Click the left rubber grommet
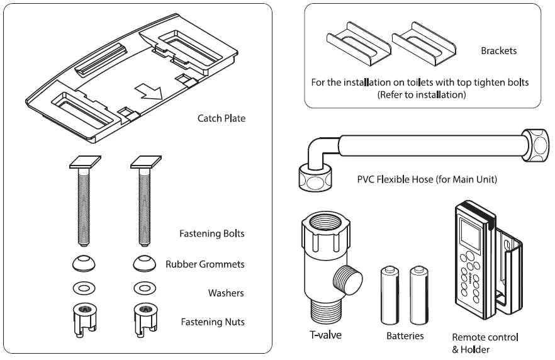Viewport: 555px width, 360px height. click(x=82, y=262)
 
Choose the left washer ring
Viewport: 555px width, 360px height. click(x=82, y=289)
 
